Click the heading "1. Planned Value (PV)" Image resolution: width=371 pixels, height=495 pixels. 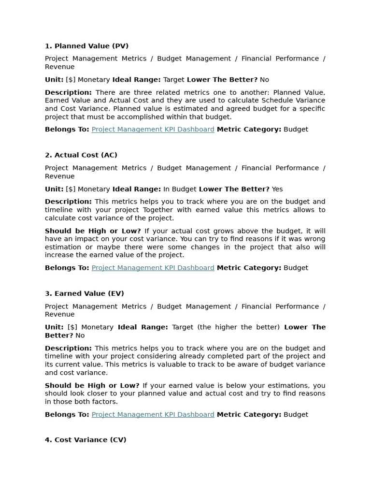[x=86, y=46]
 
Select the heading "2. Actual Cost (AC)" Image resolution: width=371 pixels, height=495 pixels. [x=81, y=155]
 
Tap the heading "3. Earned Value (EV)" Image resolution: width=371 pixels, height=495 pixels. [x=85, y=293]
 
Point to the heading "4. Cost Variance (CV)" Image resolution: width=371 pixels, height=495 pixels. [x=86, y=440]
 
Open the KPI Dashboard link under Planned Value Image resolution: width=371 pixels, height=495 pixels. [x=153, y=130]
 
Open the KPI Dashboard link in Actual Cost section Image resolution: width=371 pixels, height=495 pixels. [x=153, y=268]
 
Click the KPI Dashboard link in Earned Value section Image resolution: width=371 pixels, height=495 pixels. [x=153, y=415]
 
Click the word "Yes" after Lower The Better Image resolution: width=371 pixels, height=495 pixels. [x=277, y=189]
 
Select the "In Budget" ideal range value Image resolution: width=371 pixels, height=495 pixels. [x=180, y=189]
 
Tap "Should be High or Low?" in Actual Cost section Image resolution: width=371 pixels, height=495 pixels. [x=93, y=231]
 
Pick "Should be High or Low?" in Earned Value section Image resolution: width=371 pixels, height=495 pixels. [x=92, y=386]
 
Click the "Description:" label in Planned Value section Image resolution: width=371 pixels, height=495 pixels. [x=68, y=92]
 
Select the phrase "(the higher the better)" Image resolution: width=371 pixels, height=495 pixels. [x=238, y=327]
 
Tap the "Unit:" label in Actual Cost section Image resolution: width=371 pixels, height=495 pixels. [x=54, y=189]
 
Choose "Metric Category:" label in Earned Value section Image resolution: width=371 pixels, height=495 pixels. [x=249, y=415]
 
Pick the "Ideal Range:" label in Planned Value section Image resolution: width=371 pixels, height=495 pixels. [x=137, y=80]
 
